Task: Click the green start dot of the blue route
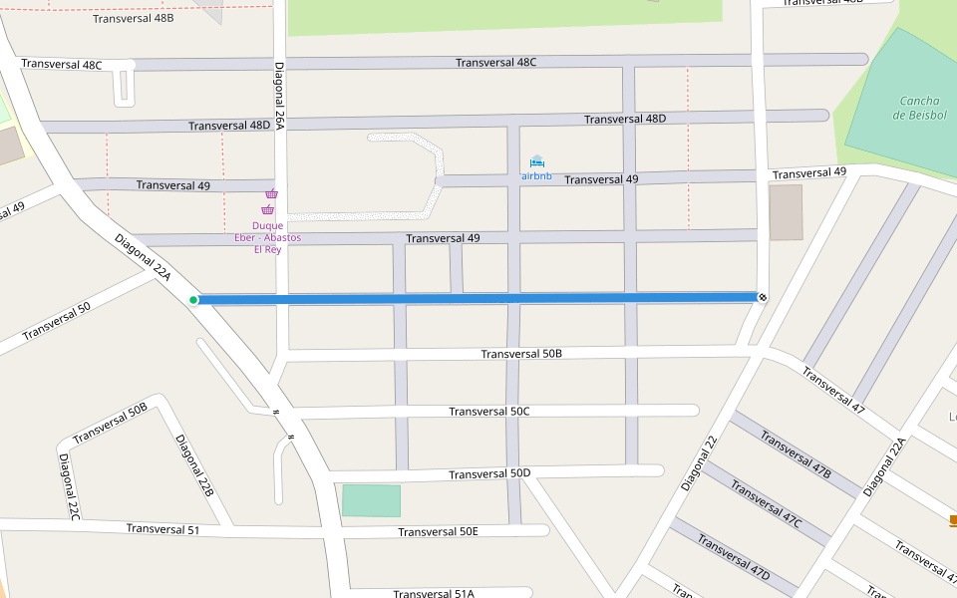tap(193, 299)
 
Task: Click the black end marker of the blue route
tap(763, 296)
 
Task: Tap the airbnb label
tap(536, 176)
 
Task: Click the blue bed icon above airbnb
tap(537, 161)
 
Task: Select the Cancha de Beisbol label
tap(919, 108)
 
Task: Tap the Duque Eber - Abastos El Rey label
tap(267, 237)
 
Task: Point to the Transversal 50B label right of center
tap(521, 354)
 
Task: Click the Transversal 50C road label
tap(489, 412)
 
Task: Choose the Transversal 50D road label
tap(489, 473)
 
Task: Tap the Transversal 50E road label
tap(438, 531)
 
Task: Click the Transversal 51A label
tap(433, 593)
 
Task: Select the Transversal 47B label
tap(795, 454)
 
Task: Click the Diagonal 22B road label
tap(194, 465)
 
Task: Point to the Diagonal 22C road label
tap(68, 486)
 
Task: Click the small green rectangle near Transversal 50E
tap(371, 500)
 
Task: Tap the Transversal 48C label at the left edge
tap(62, 65)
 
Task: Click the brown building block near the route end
tap(786, 212)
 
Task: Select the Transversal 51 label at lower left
tap(162, 529)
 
